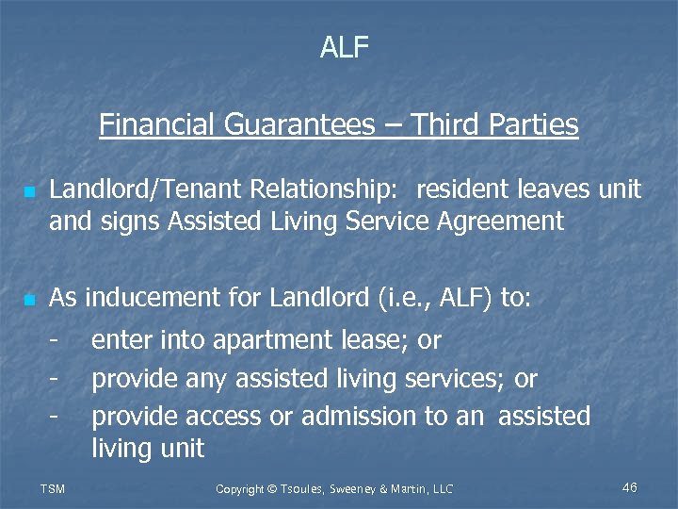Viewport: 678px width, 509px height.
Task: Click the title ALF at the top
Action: pyautogui.click(x=345, y=48)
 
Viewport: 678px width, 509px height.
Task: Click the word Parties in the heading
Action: pyautogui.click(x=534, y=124)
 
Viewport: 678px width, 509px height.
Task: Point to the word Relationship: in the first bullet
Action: pyautogui.click(x=323, y=189)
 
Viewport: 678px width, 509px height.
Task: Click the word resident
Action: pyautogui.click(x=463, y=189)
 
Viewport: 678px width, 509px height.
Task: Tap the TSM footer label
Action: pyautogui.click(x=54, y=488)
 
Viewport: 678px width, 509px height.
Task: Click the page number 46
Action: pyautogui.click(x=630, y=487)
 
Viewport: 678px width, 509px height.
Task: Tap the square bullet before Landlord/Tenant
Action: pyautogui.click(x=30, y=191)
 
